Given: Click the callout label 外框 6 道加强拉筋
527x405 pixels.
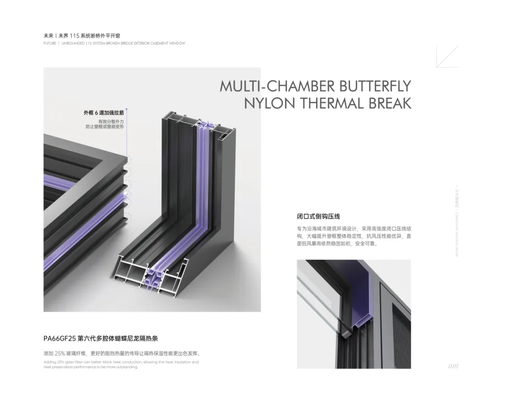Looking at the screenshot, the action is pyautogui.click(x=103, y=113).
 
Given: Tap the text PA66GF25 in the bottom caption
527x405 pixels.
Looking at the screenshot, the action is pyautogui.click(x=60, y=338).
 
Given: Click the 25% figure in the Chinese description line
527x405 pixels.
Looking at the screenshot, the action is pyautogui.click(x=60, y=353).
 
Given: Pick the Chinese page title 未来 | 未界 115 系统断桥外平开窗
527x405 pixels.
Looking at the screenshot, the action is pyautogui.click(x=81, y=36).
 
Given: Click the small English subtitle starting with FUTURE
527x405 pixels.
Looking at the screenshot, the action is pyautogui.click(x=114, y=43).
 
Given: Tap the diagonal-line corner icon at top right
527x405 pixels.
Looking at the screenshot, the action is pyautogui.click(x=447, y=56).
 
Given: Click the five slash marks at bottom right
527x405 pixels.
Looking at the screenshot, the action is pyautogui.click(x=453, y=366).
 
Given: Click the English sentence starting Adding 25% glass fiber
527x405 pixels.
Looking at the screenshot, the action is pyautogui.click(x=121, y=364).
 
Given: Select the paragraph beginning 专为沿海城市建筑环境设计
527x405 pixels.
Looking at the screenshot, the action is pyautogui.click(x=354, y=235).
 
